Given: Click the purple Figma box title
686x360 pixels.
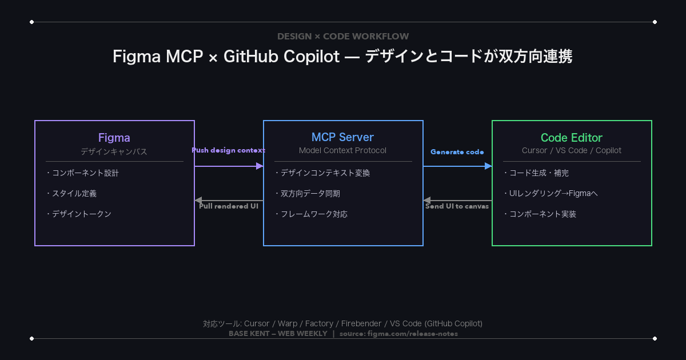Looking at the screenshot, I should (x=114, y=138).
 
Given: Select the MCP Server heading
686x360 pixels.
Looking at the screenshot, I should (x=342, y=138).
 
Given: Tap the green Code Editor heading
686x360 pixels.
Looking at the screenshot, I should (x=572, y=138).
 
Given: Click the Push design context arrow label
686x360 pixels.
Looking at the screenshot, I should (x=228, y=150).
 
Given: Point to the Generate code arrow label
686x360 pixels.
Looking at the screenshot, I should (x=457, y=152).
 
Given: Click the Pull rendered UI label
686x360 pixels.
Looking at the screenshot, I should (x=228, y=206).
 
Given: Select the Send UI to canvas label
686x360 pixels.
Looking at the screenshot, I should (x=457, y=206).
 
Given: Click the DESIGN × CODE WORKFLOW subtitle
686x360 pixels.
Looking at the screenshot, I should (x=343, y=37).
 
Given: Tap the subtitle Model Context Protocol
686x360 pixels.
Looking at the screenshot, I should (x=342, y=150).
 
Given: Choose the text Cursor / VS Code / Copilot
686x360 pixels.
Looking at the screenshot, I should (x=572, y=150).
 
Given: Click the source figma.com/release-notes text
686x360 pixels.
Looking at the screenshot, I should (x=398, y=334).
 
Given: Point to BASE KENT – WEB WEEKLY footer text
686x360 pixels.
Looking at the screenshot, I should (x=278, y=334).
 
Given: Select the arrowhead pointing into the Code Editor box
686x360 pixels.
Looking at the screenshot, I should (x=488, y=166).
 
